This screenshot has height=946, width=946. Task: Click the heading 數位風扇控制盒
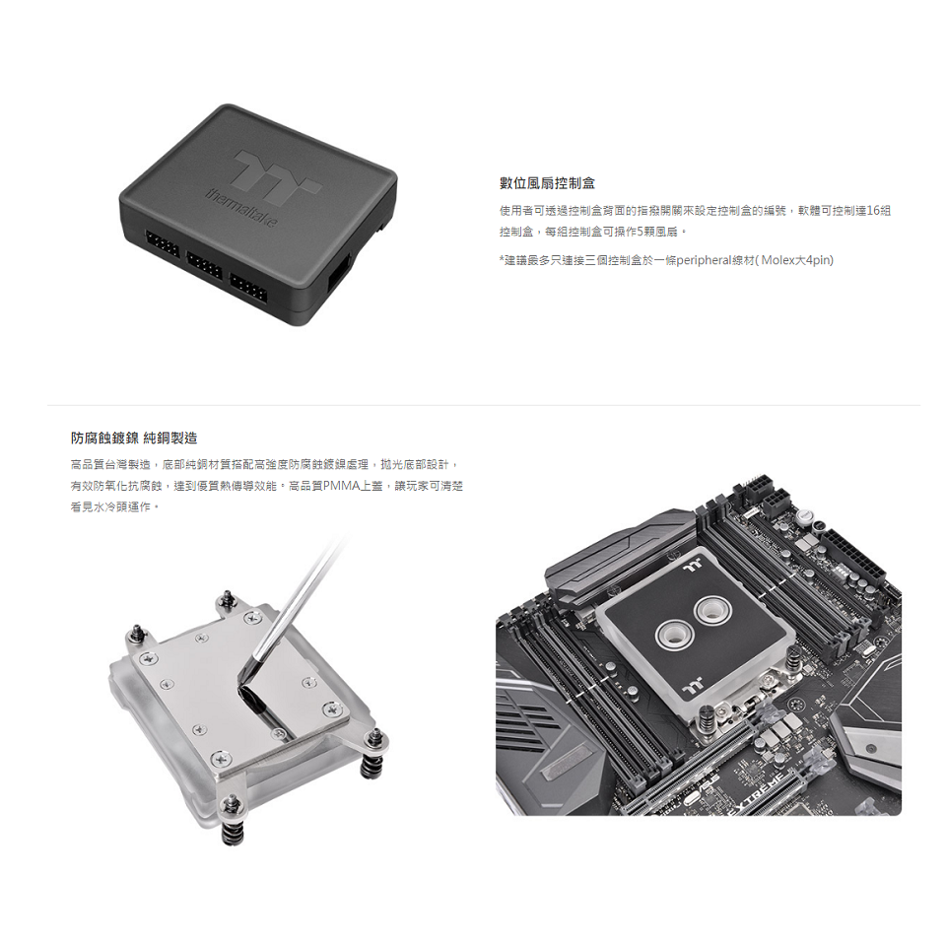coord(547,184)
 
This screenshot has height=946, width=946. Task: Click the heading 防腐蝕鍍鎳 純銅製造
coord(134,438)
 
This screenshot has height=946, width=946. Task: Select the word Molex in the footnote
coord(780,259)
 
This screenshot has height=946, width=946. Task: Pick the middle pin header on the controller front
coord(204,264)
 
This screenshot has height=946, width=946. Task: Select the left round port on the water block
coord(675,634)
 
